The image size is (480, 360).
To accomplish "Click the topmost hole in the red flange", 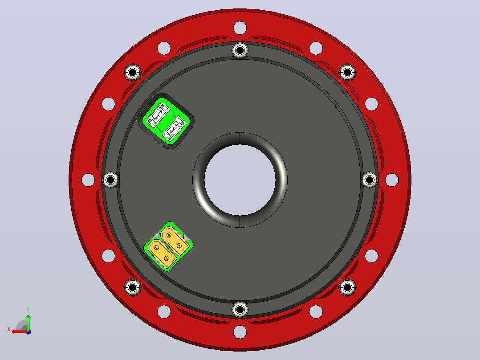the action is pos(240,28).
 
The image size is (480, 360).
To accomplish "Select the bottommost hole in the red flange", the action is pos(240,332).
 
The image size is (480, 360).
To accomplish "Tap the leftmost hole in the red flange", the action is pos(88,180).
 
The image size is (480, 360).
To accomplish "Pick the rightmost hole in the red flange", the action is pos(392,180).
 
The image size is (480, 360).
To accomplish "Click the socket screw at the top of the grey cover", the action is pos(240,50).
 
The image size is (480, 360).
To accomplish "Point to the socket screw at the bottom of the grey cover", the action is pos(240,310).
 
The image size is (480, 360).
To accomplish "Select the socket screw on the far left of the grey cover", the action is pos(110,180).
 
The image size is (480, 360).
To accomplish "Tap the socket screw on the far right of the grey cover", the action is pos(370,180).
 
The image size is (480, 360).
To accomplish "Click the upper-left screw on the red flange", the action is pos(133,73).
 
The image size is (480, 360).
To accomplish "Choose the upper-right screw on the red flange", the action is pos(347,73).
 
